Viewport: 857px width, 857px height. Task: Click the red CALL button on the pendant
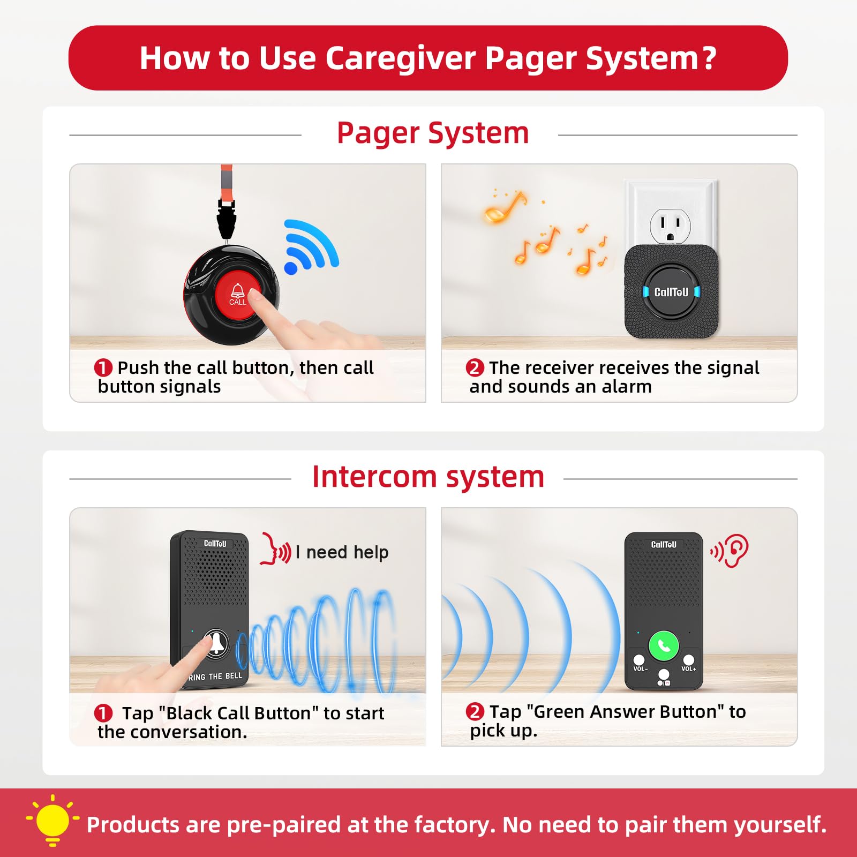coord(238,295)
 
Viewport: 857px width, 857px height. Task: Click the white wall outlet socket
coord(670,225)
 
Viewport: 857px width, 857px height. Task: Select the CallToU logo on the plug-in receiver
coord(671,292)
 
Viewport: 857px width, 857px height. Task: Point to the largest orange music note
coord(505,207)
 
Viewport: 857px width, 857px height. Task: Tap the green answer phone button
coord(664,646)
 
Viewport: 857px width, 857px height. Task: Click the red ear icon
coord(730,550)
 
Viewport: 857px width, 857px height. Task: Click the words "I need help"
coord(342,552)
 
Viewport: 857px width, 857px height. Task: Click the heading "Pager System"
coord(433,133)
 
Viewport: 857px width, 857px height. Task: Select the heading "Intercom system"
coord(428,476)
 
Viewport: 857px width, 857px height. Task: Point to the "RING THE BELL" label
coord(215,677)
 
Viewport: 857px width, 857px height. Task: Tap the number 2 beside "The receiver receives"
coord(475,368)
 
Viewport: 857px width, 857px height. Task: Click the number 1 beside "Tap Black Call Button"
coord(103,713)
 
